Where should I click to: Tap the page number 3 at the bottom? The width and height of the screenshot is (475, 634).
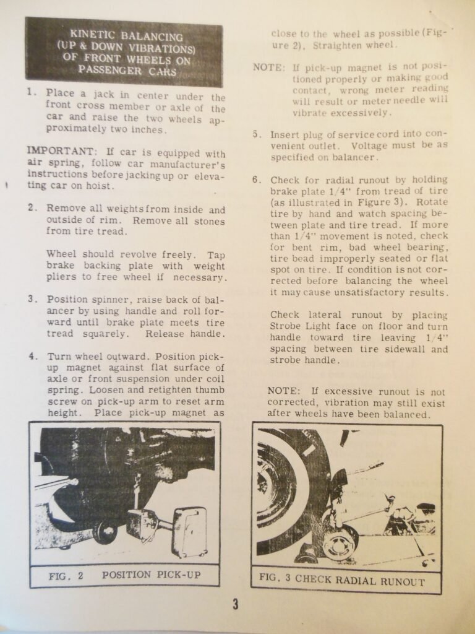(x=236, y=604)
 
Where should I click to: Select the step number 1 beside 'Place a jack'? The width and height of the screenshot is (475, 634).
(x=30, y=92)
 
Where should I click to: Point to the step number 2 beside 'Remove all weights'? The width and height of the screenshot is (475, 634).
(x=30, y=208)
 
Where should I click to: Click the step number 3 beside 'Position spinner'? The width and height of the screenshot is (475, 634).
(x=30, y=299)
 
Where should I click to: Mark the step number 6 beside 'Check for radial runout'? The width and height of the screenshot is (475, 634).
(x=256, y=180)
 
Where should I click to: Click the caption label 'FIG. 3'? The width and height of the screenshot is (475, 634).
(x=276, y=581)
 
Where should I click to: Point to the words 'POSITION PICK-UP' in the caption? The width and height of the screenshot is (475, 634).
(x=151, y=575)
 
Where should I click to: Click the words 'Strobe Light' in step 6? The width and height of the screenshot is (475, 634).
(x=296, y=326)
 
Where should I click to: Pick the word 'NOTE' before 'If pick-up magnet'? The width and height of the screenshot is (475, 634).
(x=268, y=67)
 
